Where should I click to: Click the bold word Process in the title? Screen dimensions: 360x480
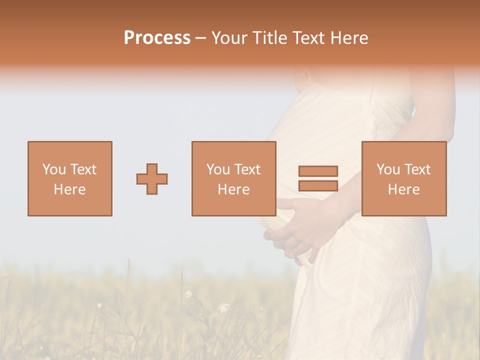(157, 38)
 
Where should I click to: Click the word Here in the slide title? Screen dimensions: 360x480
(350, 38)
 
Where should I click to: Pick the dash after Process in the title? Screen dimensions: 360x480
(201, 39)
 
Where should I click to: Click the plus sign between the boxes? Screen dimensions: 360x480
(152, 178)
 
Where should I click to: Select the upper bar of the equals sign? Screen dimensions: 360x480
(318, 171)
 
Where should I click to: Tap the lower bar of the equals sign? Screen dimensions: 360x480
(318, 185)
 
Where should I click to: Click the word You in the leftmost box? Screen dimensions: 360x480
(53, 169)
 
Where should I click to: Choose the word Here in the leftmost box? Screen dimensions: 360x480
(69, 189)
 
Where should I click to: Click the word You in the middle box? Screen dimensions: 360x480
(217, 169)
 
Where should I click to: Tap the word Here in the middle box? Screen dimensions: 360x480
(233, 189)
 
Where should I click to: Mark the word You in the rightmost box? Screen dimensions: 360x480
(387, 169)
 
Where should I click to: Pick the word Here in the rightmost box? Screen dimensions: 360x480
(403, 189)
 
